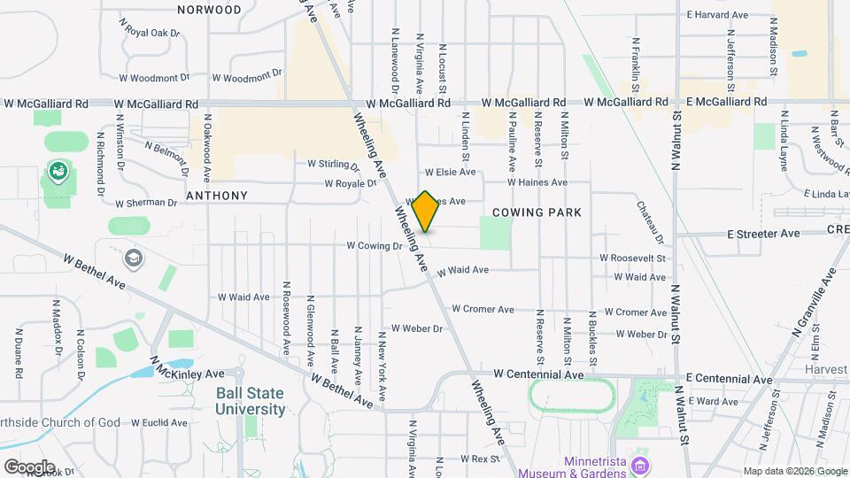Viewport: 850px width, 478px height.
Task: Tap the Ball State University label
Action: [x=251, y=401]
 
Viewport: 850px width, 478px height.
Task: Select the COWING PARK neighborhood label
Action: [x=537, y=212]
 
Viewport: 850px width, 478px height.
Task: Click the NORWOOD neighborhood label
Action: [x=209, y=10]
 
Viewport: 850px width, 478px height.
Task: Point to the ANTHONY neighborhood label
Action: [x=216, y=195]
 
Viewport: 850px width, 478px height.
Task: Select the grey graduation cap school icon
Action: [x=134, y=258]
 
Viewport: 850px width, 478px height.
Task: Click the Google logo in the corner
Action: [x=29, y=466]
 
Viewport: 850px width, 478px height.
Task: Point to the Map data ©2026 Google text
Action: [x=794, y=471]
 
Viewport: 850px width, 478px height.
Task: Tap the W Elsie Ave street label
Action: [x=450, y=172]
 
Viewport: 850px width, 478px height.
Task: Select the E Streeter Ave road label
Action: [x=763, y=234]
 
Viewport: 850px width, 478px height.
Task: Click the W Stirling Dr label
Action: [x=333, y=165]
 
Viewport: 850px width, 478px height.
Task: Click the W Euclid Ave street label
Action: [x=160, y=423]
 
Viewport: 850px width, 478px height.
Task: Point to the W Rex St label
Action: [x=486, y=459]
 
